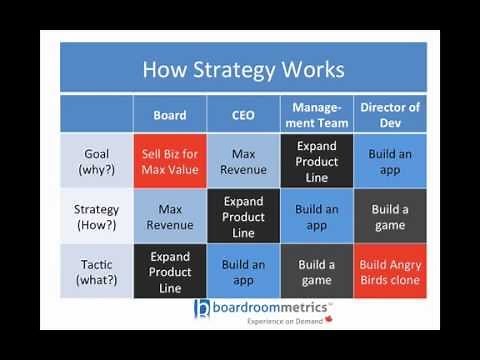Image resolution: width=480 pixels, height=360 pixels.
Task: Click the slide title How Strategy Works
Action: [243, 69]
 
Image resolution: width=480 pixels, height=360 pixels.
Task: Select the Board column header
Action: [170, 115]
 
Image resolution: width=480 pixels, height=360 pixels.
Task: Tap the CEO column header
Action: [243, 115]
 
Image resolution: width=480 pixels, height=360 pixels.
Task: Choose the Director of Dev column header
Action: [389, 115]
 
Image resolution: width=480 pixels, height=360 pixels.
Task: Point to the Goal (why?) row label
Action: [97, 161]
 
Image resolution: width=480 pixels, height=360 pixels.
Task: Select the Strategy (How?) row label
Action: [97, 217]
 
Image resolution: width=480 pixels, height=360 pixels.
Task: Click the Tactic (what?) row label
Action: [97, 271]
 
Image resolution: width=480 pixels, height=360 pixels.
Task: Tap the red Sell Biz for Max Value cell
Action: [170, 161]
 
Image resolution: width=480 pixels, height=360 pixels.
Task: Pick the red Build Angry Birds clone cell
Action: [389, 272]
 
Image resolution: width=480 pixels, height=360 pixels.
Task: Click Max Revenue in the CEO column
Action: [243, 161]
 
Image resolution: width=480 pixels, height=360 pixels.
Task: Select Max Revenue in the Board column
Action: [170, 217]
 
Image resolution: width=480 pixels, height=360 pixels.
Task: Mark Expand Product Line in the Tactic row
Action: [170, 271]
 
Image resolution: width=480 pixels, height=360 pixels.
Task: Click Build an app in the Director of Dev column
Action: [389, 161]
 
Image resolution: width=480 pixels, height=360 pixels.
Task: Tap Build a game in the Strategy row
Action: [389, 217]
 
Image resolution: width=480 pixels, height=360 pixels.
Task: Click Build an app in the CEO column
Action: [243, 272]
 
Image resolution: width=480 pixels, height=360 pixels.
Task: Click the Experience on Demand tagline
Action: [268, 323]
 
